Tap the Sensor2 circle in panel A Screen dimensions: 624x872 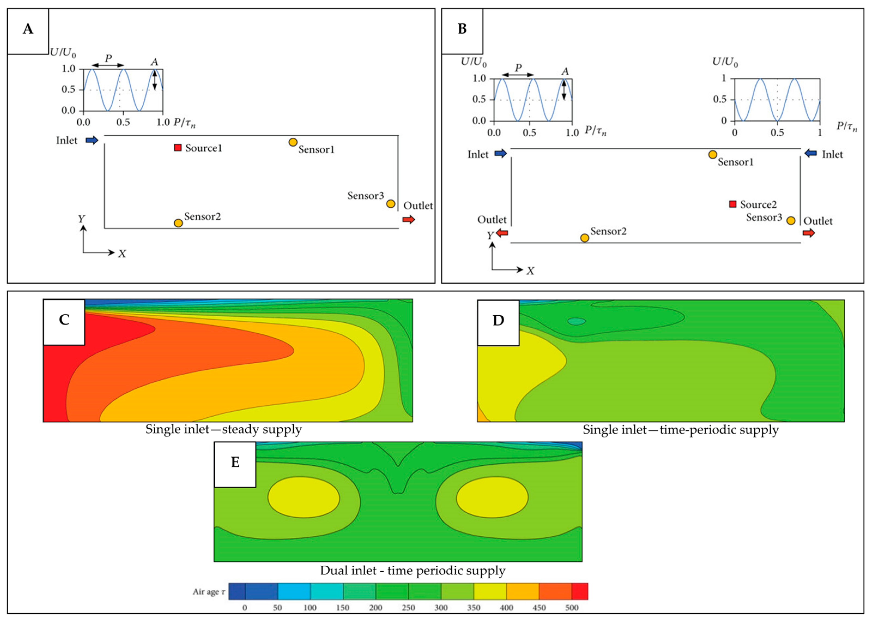click(178, 223)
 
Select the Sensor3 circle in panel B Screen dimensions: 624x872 click(791, 220)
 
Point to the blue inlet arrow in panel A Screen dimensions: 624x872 click(92, 140)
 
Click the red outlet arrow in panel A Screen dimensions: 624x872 click(408, 219)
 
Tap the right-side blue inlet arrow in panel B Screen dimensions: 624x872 click(810, 153)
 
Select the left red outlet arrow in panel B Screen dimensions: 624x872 click(502, 232)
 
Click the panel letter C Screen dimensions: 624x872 click(64, 320)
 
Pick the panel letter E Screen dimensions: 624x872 click(235, 462)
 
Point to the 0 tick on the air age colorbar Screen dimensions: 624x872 click(245, 607)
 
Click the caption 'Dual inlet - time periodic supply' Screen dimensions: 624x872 click(412, 571)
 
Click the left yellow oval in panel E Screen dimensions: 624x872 click(303, 497)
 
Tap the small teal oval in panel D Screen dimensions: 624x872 click(577, 321)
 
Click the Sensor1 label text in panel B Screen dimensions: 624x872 click(735, 162)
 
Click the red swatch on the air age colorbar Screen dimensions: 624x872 click(580, 591)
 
